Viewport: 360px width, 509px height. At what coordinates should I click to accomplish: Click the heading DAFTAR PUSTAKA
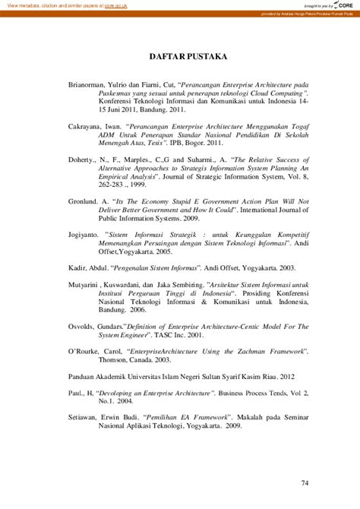[180, 57]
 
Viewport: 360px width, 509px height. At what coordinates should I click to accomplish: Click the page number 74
[305, 482]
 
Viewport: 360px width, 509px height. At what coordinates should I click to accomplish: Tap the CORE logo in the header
[346, 5]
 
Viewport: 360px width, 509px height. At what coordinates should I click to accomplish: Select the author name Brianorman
[88, 84]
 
